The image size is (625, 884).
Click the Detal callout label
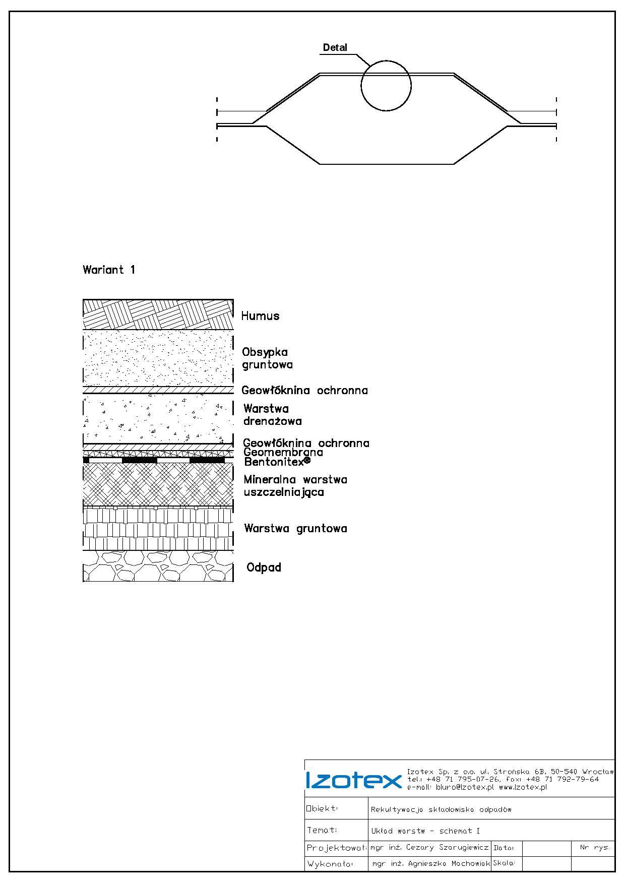coord(335,48)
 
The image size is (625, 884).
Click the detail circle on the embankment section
coord(386,86)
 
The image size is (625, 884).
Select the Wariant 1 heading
coord(109,270)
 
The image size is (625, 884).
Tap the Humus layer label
coord(260,316)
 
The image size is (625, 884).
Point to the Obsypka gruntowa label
coord(267,358)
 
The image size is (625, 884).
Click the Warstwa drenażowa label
coord(273,415)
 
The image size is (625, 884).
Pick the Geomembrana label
coord(283,452)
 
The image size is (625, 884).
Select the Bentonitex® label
coord(277,461)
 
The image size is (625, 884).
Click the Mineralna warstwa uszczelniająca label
coord(295,486)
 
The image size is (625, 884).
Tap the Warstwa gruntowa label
coord(295,529)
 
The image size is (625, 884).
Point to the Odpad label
coord(264,567)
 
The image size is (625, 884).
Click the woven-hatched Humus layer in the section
coord(158,314)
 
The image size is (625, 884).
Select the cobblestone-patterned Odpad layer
coord(158,566)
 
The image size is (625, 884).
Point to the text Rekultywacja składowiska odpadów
coord(441,810)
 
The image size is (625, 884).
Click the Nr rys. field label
coord(595,848)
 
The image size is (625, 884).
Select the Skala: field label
coord(504,863)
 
